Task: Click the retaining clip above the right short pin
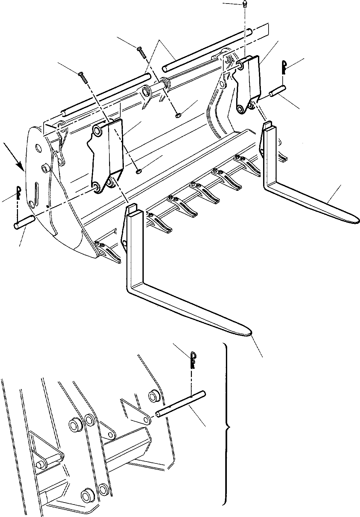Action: click(x=283, y=67)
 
